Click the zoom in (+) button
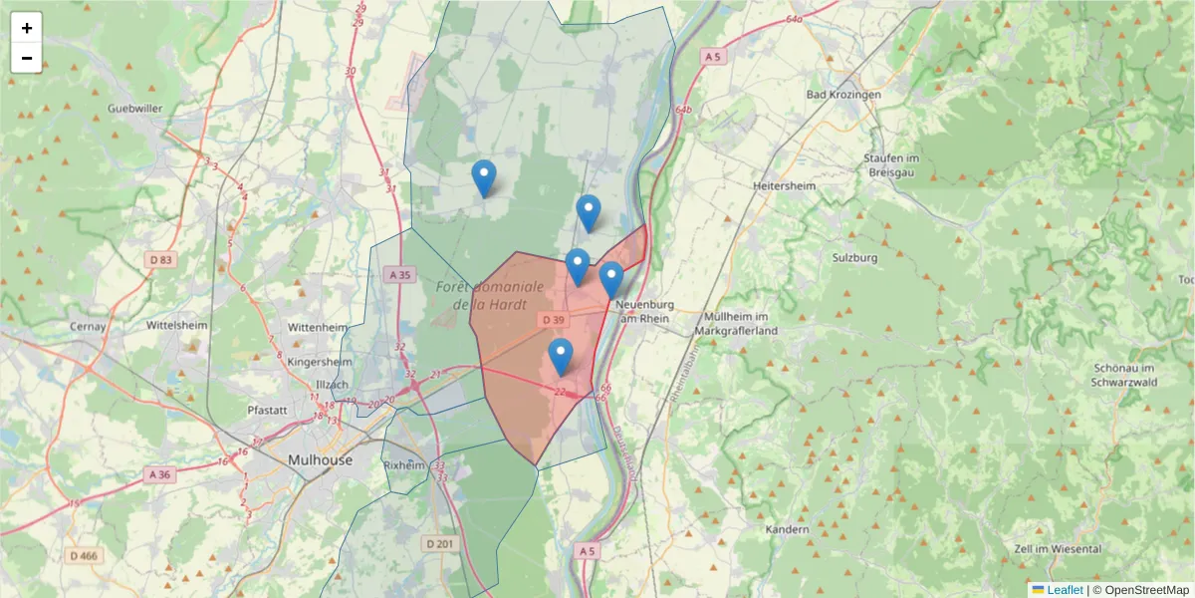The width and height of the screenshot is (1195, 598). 27,28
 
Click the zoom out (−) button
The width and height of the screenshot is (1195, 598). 27,58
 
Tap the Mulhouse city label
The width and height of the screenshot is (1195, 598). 319,460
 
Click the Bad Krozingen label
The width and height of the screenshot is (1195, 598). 843,95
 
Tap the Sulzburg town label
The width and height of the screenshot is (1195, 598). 853,257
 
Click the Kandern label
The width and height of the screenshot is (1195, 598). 788,530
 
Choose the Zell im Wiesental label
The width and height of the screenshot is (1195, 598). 1056,549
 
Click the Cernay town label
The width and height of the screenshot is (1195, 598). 89,326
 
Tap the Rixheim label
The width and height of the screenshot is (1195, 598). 404,464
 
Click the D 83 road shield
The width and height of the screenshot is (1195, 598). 159,260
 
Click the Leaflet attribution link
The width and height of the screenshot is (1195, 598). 1064,590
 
